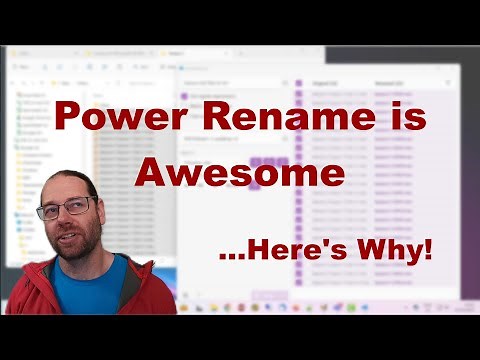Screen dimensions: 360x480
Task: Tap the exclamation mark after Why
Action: (429, 249)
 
